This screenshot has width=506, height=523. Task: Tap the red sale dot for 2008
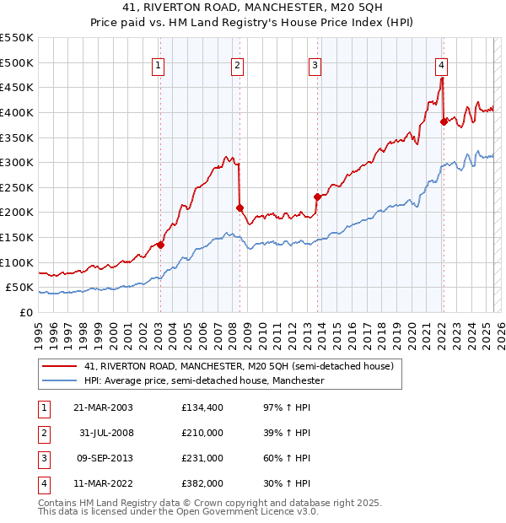click(x=240, y=208)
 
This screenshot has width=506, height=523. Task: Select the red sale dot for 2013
click(x=317, y=197)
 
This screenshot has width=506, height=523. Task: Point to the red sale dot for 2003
click(x=160, y=245)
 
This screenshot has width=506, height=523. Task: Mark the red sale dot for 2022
click(x=444, y=121)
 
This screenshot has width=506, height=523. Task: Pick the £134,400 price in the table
click(x=201, y=407)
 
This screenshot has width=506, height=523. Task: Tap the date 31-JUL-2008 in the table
click(x=103, y=433)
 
